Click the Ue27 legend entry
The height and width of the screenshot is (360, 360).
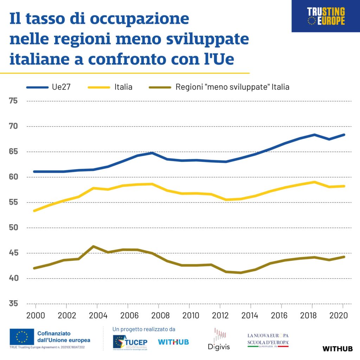pos(49,87)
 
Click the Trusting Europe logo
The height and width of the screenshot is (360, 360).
pos(326,16)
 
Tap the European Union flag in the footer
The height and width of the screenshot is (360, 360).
pos(22,337)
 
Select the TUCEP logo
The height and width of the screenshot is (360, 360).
pos(130,342)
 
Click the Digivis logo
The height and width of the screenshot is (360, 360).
pos(219,340)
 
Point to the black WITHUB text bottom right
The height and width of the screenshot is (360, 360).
pos(337,349)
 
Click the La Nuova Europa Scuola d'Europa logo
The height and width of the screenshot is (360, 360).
pos(268,340)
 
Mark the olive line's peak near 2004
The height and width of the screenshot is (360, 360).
pos(93,246)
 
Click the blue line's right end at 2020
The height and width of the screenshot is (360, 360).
pos(344,135)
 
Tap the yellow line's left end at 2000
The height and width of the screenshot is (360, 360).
pos(34,211)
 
